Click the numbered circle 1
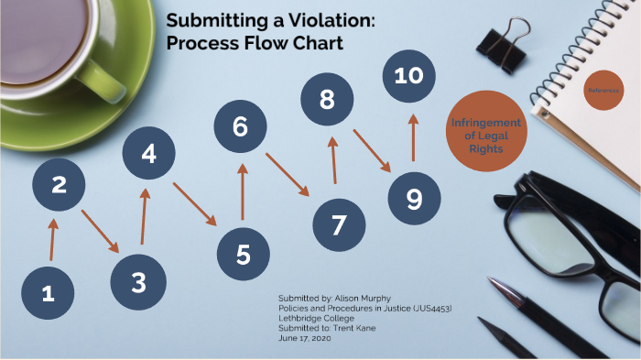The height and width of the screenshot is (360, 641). pos(48,292)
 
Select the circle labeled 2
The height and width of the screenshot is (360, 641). pos(59,184)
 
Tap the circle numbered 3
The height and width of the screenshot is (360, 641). pos(138,282)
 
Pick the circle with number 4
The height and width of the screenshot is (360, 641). pos(149,154)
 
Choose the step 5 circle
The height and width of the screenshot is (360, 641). pos(243,253)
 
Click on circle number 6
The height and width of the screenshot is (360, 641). pos(240,126)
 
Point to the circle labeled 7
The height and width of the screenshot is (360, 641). pos(339,224)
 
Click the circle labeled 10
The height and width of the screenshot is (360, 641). pos(408,75)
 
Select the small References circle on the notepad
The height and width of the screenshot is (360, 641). pos(603,90)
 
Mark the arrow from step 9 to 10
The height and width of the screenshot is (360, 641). pos(412,137)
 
